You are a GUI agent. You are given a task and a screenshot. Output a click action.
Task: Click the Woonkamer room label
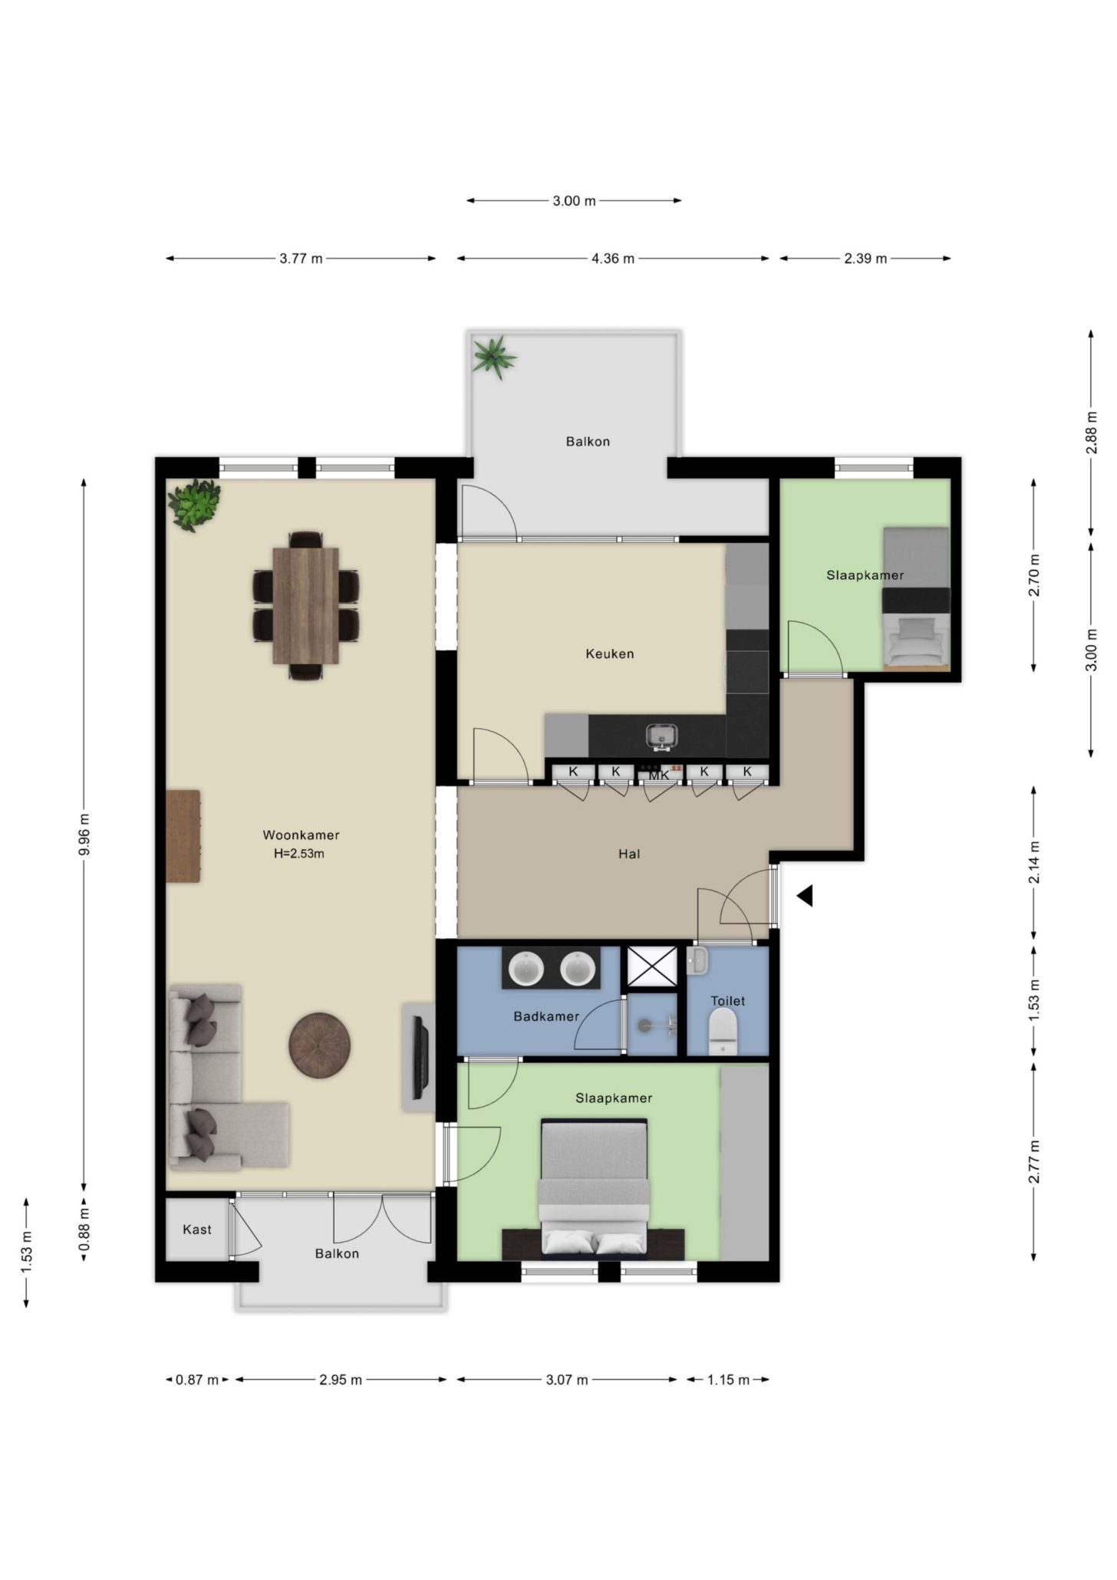tap(301, 835)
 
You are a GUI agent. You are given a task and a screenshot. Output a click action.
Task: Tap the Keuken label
tap(610, 654)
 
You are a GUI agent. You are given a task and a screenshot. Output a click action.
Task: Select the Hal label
tap(629, 854)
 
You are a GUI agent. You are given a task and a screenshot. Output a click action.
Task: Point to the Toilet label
tap(727, 1001)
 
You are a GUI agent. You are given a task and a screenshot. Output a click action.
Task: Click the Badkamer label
tap(546, 1016)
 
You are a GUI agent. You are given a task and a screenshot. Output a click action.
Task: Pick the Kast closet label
tap(197, 1229)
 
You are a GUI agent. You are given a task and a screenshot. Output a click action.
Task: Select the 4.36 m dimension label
tap(613, 258)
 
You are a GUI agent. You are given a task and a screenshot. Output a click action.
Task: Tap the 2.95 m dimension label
tap(341, 1380)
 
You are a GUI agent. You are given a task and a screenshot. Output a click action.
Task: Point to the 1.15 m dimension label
tap(728, 1380)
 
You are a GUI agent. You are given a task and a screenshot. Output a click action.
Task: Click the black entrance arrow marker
tap(804, 896)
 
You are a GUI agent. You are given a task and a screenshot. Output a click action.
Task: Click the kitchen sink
tap(661, 736)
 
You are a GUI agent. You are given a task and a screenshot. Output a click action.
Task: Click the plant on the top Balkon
tap(494, 357)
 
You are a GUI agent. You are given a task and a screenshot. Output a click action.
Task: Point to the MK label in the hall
tap(659, 775)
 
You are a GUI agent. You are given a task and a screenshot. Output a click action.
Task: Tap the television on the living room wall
tap(419, 1058)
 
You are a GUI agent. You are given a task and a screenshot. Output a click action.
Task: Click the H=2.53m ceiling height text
tap(299, 854)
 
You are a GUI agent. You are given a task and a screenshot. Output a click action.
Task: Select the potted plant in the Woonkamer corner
tap(194, 505)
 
